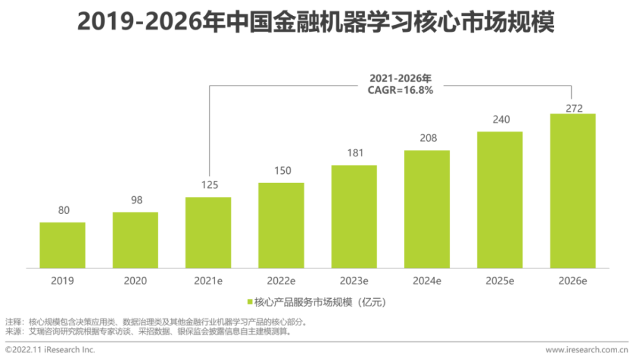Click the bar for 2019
pyautogui.click(x=62, y=245)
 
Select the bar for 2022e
pyautogui.click(x=281, y=225)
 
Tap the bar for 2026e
pyautogui.click(x=573, y=190)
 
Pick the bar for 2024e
pyautogui.click(x=427, y=209)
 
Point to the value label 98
pyautogui.click(x=135, y=200)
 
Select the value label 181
pyautogui.click(x=354, y=153)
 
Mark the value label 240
pyautogui.click(x=500, y=120)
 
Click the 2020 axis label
pyautogui.click(x=135, y=280)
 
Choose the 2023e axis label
pyautogui.click(x=354, y=280)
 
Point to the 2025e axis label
pyautogui.click(x=500, y=280)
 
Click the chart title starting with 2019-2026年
pyautogui.click(x=316, y=22)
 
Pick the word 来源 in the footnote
pyautogui.click(x=13, y=331)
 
